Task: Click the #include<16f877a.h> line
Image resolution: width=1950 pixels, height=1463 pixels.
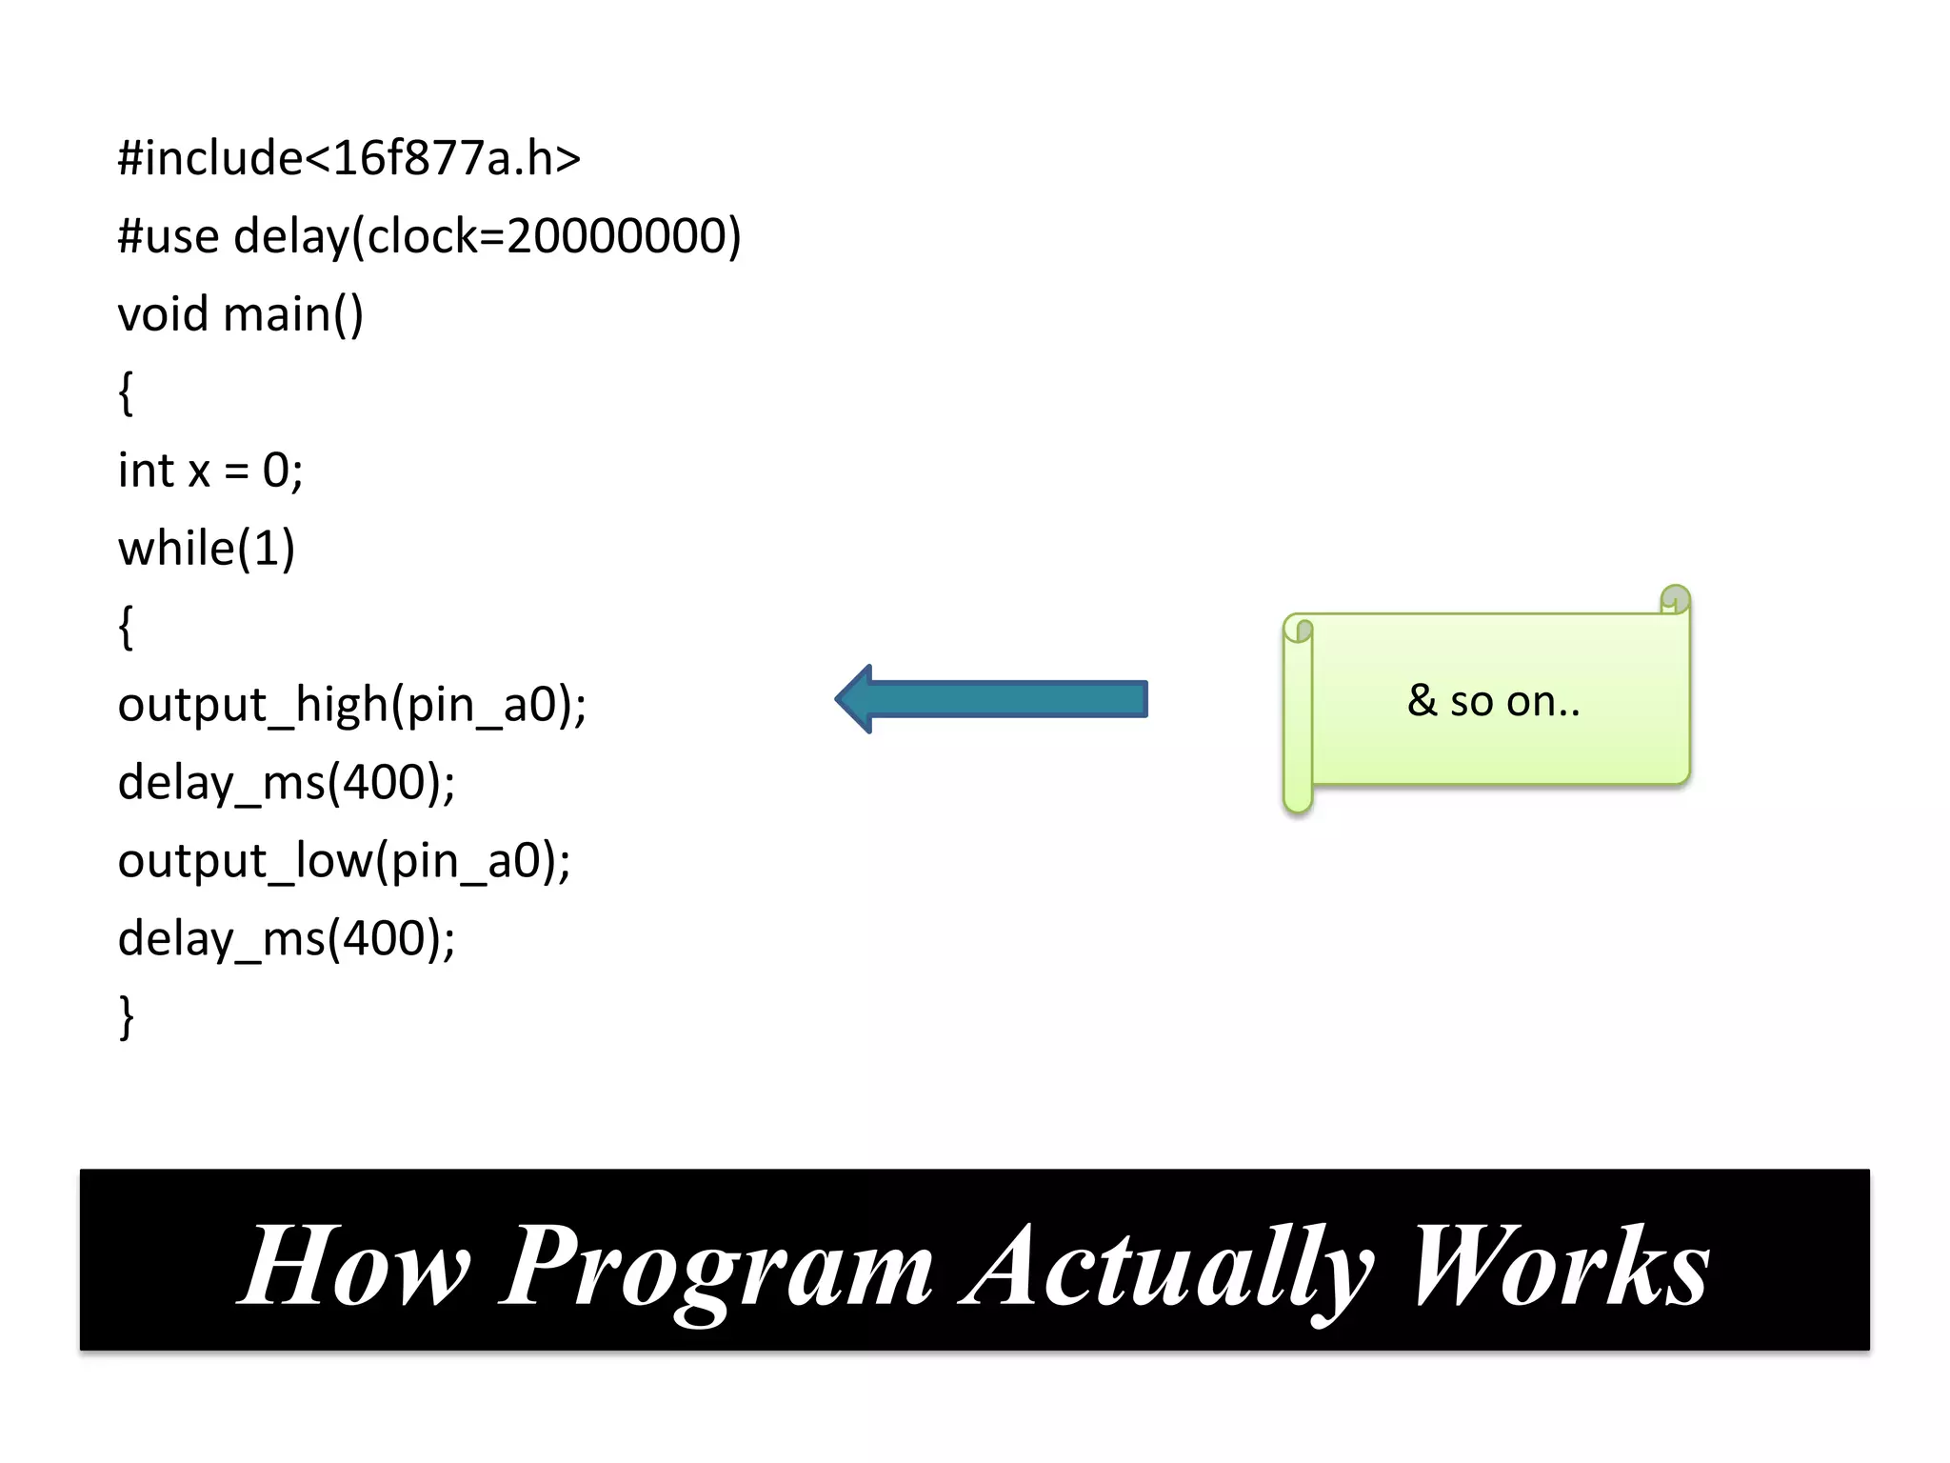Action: [x=348, y=158]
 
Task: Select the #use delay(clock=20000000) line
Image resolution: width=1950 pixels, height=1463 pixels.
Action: [x=428, y=236]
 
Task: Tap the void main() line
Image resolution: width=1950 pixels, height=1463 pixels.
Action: [x=240, y=314]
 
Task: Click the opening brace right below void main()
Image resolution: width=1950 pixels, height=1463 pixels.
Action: [x=126, y=392]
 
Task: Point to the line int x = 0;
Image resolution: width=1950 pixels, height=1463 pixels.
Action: [x=210, y=471]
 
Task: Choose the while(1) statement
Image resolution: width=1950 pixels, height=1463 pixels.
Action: [x=207, y=549]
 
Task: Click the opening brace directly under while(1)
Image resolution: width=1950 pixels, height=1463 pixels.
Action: [x=126, y=627]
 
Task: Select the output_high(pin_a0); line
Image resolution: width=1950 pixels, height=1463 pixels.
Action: [x=352, y=705]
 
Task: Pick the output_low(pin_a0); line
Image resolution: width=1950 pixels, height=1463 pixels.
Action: [x=344, y=861]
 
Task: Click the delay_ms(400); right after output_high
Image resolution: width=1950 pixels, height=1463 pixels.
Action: [x=287, y=783]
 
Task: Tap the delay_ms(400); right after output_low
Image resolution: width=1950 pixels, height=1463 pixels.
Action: [x=287, y=939]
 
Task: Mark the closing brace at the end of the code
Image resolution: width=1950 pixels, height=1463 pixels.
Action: [x=126, y=1017]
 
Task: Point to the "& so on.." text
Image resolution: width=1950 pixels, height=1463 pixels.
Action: [x=1493, y=701]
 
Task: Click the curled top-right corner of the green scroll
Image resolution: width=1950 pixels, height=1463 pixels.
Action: [x=1675, y=600]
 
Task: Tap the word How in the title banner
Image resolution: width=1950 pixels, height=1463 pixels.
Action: [x=354, y=1267]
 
